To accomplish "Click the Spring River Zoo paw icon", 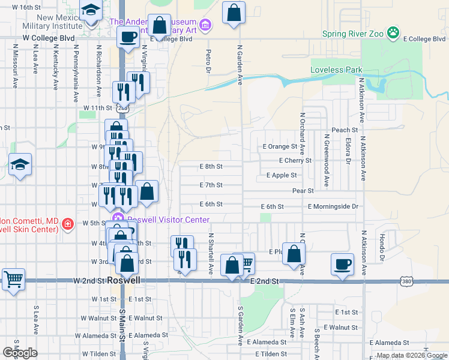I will (393, 32).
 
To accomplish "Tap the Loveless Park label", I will (336, 70).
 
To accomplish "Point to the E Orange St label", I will (280, 146).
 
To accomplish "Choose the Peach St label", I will (345, 130).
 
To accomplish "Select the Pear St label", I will (303, 191).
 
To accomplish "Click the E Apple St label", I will (282, 176).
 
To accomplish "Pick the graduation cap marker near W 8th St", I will (20, 164).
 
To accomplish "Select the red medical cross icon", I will (68, 224).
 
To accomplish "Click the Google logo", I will (20, 352).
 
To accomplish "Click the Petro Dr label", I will (208, 62).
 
